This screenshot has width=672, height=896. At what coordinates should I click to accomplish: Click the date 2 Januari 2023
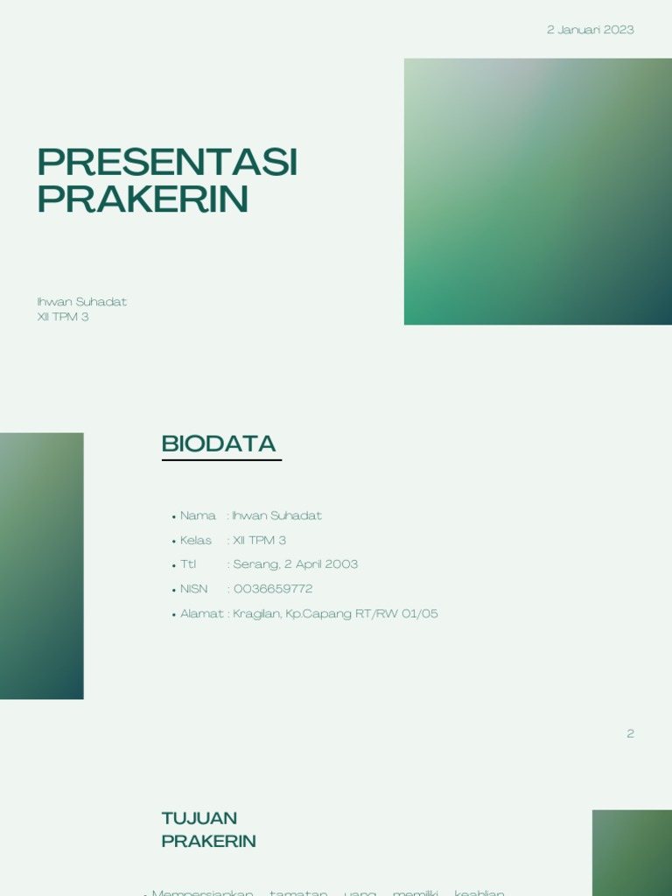590,30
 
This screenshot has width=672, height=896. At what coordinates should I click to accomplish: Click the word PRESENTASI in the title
167,163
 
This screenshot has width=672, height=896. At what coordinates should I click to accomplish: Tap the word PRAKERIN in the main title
143,200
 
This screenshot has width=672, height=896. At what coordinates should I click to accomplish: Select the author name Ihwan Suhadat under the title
81,302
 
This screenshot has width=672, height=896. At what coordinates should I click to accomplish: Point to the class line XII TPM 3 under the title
63,317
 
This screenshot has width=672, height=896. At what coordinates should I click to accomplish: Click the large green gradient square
537,192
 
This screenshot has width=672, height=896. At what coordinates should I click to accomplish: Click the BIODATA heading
219,444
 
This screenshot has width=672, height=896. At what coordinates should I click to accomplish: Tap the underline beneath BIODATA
221,459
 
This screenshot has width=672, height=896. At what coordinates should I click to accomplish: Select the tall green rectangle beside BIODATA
41,565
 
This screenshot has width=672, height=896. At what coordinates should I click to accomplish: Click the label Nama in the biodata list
198,515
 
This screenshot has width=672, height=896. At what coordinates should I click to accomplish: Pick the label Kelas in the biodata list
196,540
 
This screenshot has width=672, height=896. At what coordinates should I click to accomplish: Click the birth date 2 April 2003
321,564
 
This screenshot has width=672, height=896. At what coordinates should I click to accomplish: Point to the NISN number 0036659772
273,589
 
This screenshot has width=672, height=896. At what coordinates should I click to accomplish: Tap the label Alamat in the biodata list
201,613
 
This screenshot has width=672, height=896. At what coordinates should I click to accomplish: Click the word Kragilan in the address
256,613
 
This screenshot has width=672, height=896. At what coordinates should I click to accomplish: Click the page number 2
630,733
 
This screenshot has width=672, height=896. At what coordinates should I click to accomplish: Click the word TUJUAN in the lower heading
199,818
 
